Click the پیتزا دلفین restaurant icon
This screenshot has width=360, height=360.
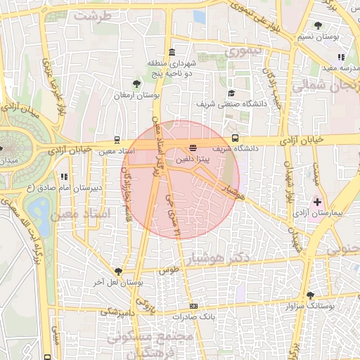point(193,148)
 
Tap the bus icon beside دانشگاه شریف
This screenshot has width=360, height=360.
point(235,139)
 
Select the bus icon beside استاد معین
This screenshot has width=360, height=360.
point(117,139)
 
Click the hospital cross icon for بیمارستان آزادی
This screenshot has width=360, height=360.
point(317,202)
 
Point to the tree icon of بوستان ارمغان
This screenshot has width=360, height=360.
point(136,84)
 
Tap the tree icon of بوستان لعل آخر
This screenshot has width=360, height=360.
point(118,271)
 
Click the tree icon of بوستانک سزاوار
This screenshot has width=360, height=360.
point(310,295)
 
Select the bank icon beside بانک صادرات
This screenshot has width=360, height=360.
point(193,306)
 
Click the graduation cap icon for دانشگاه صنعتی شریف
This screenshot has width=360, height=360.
point(231,94)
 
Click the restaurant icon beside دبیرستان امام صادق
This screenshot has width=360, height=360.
point(64,177)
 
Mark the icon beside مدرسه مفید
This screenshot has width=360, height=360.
point(340,57)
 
